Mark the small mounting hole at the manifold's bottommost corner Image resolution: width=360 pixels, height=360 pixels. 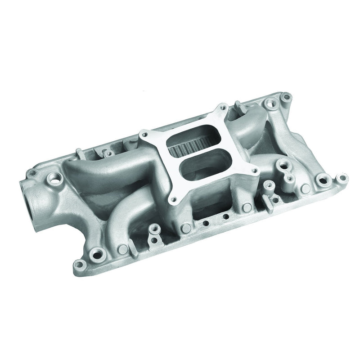coord(80,264)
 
